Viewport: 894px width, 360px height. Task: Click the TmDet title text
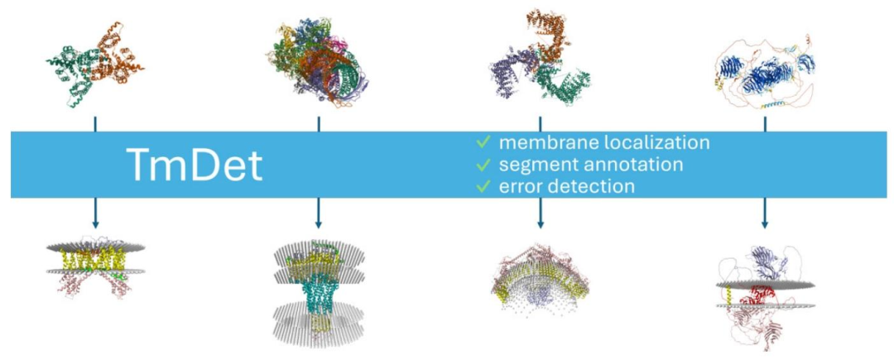coord(194,166)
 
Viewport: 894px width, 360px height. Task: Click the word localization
coord(658,142)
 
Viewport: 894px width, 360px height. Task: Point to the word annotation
coord(631,165)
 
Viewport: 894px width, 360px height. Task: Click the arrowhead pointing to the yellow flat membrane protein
coord(95,223)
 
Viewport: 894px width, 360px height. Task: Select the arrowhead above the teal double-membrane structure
coord(319,223)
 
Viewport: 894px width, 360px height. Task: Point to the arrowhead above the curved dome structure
coord(541,223)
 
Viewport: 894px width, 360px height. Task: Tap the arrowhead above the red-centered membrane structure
coord(764,223)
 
